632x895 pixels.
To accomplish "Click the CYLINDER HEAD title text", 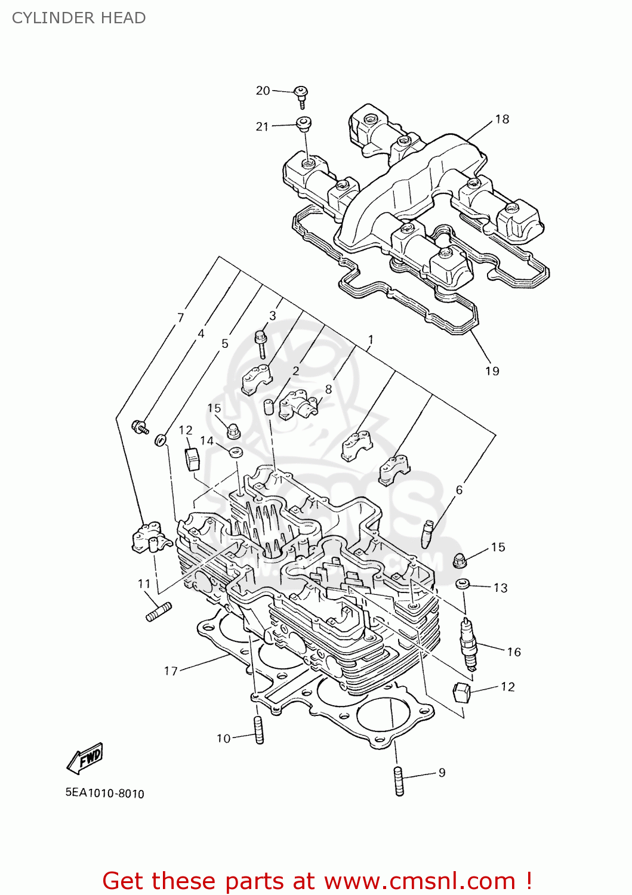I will click(79, 18).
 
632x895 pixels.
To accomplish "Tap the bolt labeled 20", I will click(301, 95).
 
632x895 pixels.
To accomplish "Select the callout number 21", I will click(262, 126).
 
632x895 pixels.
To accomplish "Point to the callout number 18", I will click(502, 119).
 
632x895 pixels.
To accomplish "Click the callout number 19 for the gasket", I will click(492, 371).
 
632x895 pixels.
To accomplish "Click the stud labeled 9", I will click(399, 781).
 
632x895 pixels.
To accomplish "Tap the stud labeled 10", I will click(259, 730).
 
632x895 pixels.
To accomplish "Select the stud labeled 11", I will click(159, 612).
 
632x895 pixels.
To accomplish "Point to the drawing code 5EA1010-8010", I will click(105, 794).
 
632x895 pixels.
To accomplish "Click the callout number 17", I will click(171, 671).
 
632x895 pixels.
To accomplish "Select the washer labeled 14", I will click(236, 450).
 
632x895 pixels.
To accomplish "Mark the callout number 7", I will click(180, 318).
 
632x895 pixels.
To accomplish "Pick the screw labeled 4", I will click(141, 427).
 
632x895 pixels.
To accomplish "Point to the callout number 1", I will click(371, 340).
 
